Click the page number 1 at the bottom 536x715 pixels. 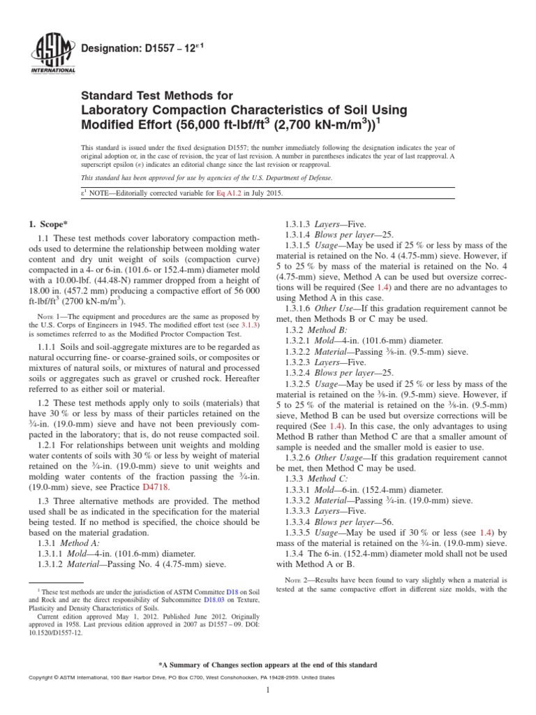click(268, 690)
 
